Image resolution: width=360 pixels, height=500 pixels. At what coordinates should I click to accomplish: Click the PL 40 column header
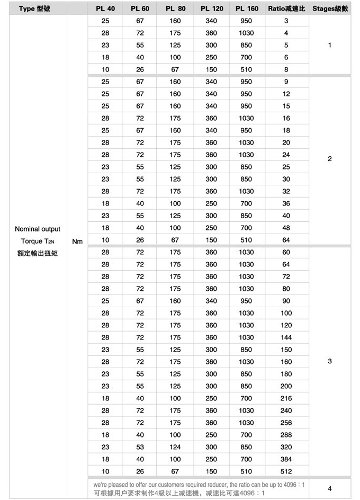point(105,9)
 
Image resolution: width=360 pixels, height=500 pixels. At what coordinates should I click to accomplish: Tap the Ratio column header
point(286,9)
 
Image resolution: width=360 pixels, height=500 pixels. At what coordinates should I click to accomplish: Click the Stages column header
point(329,9)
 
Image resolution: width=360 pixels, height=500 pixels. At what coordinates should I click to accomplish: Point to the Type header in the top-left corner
point(34,9)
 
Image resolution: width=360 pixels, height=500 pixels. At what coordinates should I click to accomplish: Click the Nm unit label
point(77,242)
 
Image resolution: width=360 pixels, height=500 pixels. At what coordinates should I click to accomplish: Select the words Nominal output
point(38,229)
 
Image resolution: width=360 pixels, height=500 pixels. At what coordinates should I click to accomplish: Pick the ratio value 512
point(286,471)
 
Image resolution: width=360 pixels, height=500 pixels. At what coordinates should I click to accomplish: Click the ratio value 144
point(286,337)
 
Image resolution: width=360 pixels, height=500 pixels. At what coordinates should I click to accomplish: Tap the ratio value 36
point(286,203)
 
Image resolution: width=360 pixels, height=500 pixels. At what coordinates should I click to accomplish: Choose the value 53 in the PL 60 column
point(140,447)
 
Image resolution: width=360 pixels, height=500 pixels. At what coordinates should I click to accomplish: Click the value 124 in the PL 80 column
point(175,447)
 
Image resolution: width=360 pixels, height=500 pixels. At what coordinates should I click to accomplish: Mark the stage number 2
point(330,159)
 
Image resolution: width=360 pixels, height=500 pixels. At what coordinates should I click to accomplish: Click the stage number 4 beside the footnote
point(330,488)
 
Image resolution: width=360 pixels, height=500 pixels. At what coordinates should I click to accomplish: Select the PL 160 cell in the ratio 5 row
point(246,46)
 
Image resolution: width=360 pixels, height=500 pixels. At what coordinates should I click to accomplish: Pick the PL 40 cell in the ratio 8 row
point(105,69)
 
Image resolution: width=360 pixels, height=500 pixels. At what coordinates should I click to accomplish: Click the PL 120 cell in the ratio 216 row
point(211,398)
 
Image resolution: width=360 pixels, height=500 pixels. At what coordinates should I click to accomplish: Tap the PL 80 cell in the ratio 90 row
point(175,301)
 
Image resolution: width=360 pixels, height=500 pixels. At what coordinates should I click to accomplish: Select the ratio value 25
point(286,167)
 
